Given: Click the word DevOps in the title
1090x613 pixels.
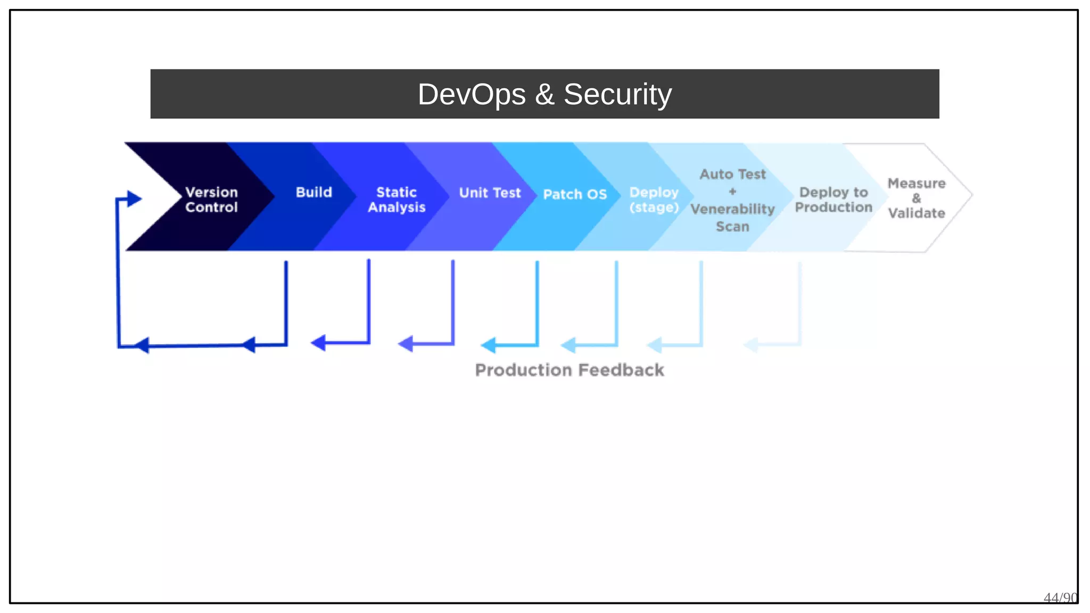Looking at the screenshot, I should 472,95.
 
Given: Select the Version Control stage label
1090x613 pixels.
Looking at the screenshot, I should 211,200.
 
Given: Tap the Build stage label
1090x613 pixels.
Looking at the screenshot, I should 313,192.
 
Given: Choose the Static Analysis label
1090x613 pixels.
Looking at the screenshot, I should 397,200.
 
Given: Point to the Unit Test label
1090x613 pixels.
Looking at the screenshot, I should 490,193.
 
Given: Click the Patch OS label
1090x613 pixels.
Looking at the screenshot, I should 575,194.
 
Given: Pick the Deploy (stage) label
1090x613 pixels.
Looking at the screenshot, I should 654,200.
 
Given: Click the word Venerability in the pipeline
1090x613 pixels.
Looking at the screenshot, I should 732,209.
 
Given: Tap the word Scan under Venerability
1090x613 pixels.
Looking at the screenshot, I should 732,227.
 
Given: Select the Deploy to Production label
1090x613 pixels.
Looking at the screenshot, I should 833,200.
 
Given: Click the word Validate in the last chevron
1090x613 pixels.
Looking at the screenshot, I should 916,213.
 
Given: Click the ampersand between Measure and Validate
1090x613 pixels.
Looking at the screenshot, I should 916,198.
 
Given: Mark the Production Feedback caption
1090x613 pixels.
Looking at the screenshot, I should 569,370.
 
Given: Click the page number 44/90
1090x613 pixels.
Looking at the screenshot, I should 1060,598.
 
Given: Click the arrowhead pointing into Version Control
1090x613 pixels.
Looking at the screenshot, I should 134,199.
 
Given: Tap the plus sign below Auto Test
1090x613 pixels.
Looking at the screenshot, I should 732,192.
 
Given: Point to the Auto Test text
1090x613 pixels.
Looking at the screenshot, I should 732,175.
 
